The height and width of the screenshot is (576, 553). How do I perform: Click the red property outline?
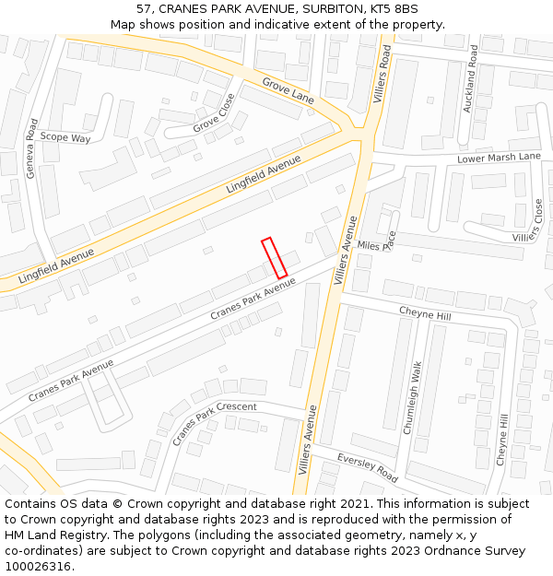tap(274, 258)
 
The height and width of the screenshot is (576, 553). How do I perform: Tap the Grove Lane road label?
tap(288, 91)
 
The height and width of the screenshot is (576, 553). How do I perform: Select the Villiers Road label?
tap(382, 75)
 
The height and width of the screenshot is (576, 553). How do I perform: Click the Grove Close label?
tap(214, 112)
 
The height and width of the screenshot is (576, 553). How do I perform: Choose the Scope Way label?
tap(65, 138)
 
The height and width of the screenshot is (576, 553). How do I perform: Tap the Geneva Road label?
tap(32, 148)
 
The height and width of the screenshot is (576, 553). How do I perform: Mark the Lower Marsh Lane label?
tap(499, 158)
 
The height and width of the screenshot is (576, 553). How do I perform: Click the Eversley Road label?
tap(367, 468)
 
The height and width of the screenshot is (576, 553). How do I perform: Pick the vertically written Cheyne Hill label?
tap(501, 440)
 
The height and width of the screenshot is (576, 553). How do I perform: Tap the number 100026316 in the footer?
tap(37, 566)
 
